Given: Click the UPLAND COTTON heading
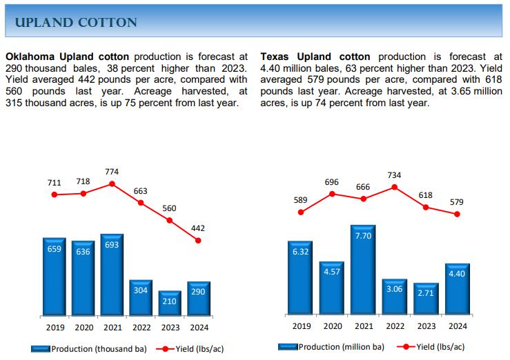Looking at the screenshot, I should (x=76, y=23).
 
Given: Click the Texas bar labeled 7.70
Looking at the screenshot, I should (x=363, y=269).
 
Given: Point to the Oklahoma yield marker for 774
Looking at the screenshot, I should (x=112, y=184).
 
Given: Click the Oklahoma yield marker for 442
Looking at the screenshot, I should (x=198, y=241).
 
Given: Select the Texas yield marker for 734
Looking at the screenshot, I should (x=395, y=186).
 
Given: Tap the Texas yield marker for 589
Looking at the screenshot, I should (x=301, y=212).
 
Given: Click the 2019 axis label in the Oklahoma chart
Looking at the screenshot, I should (x=55, y=328).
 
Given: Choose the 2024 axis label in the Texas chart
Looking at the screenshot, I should (x=457, y=326).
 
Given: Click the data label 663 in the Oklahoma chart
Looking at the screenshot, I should (x=140, y=191).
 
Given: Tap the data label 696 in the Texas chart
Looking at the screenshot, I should (x=332, y=182).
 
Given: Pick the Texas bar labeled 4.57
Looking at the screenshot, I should (x=332, y=288).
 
